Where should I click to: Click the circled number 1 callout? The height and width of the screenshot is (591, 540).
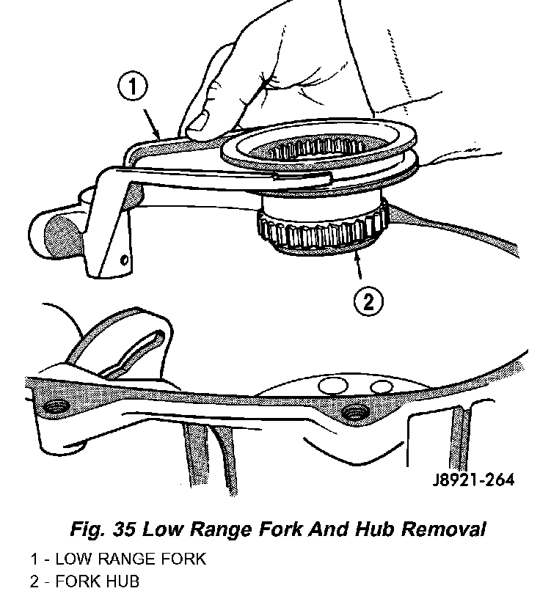point(132,87)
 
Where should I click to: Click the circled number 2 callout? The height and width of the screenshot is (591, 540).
point(368,301)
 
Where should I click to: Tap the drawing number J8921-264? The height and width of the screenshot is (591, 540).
point(473,480)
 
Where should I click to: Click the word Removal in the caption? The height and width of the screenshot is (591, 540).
point(443,529)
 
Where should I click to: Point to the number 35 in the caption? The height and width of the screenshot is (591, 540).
point(124,529)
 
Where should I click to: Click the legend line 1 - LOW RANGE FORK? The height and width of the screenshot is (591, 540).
point(118,559)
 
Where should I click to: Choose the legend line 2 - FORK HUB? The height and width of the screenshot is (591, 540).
point(84,581)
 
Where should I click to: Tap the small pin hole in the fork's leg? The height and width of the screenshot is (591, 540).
point(124,260)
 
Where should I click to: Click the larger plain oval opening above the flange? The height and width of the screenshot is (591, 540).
point(333,385)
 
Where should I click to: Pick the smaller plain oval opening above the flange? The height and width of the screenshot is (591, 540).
point(382,387)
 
